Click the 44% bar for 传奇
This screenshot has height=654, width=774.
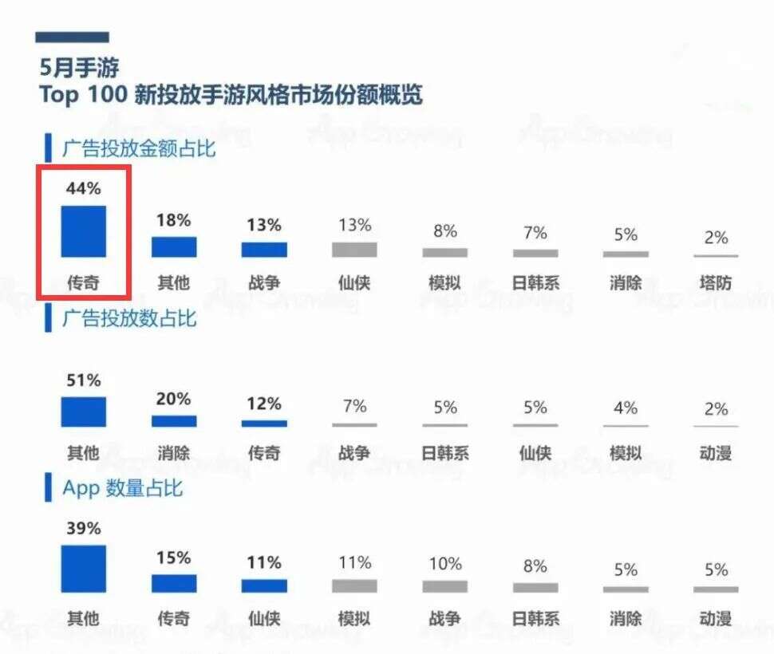pyautogui.click(x=83, y=231)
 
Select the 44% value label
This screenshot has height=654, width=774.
pyautogui.click(x=83, y=189)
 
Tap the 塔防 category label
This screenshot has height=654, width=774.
pyautogui.click(x=716, y=283)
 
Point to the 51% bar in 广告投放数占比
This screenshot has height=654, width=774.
pyautogui.click(x=83, y=412)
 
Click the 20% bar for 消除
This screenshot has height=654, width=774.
pyautogui.click(x=173, y=421)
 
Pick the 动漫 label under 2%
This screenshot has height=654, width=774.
pyautogui.click(x=716, y=453)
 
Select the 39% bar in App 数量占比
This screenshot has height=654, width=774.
pyautogui.click(x=83, y=569)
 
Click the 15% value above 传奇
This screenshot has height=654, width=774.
pyautogui.click(x=173, y=557)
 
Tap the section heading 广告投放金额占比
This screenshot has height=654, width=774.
pyautogui.click(x=139, y=148)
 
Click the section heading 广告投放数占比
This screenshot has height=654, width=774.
pyautogui.click(x=129, y=319)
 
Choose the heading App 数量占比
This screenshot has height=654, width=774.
pyautogui.click(x=123, y=488)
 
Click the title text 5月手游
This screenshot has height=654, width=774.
pyautogui.click(x=80, y=67)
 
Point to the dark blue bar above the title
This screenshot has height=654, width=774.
pyautogui.click(x=72, y=37)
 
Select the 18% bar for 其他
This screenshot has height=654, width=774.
pyautogui.click(x=173, y=246)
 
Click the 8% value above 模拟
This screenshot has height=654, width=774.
pyautogui.click(x=444, y=231)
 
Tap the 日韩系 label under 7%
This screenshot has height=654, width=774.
pyautogui.click(x=535, y=283)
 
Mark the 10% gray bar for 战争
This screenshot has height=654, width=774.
pyautogui.click(x=444, y=586)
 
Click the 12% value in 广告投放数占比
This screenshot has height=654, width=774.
pyautogui.click(x=264, y=404)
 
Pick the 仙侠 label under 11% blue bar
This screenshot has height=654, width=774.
pyautogui.click(x=264, y=618)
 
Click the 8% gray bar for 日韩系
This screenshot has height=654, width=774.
pyautogui.click(x=535, y=588)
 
